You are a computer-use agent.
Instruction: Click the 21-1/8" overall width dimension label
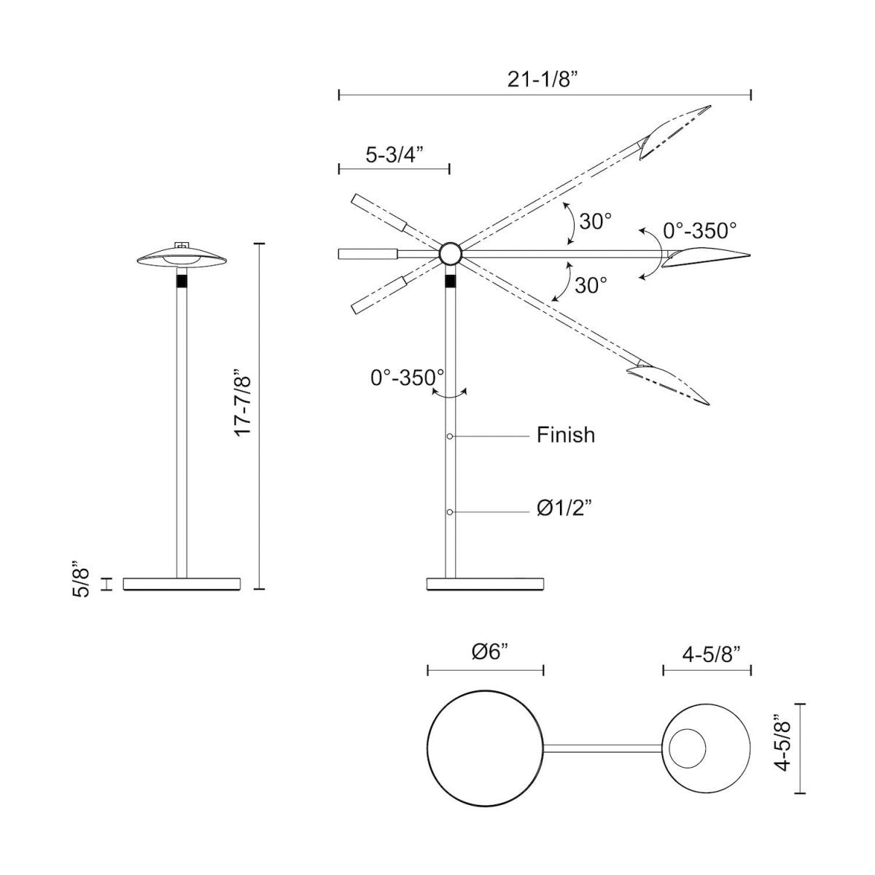(543, 79)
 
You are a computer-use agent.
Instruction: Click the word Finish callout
(566, 435)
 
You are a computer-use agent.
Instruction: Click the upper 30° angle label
(595, 221)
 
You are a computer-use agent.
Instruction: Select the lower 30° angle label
(591, 285)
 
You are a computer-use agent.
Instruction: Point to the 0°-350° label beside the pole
(406, 377)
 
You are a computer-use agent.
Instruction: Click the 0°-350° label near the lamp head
(699, 231)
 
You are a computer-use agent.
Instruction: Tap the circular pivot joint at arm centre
(450, 254)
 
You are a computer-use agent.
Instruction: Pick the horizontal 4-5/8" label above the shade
(707, 653)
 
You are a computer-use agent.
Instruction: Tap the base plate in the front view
(182, 583)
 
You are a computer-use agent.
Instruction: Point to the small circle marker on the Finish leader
(450, 436)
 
